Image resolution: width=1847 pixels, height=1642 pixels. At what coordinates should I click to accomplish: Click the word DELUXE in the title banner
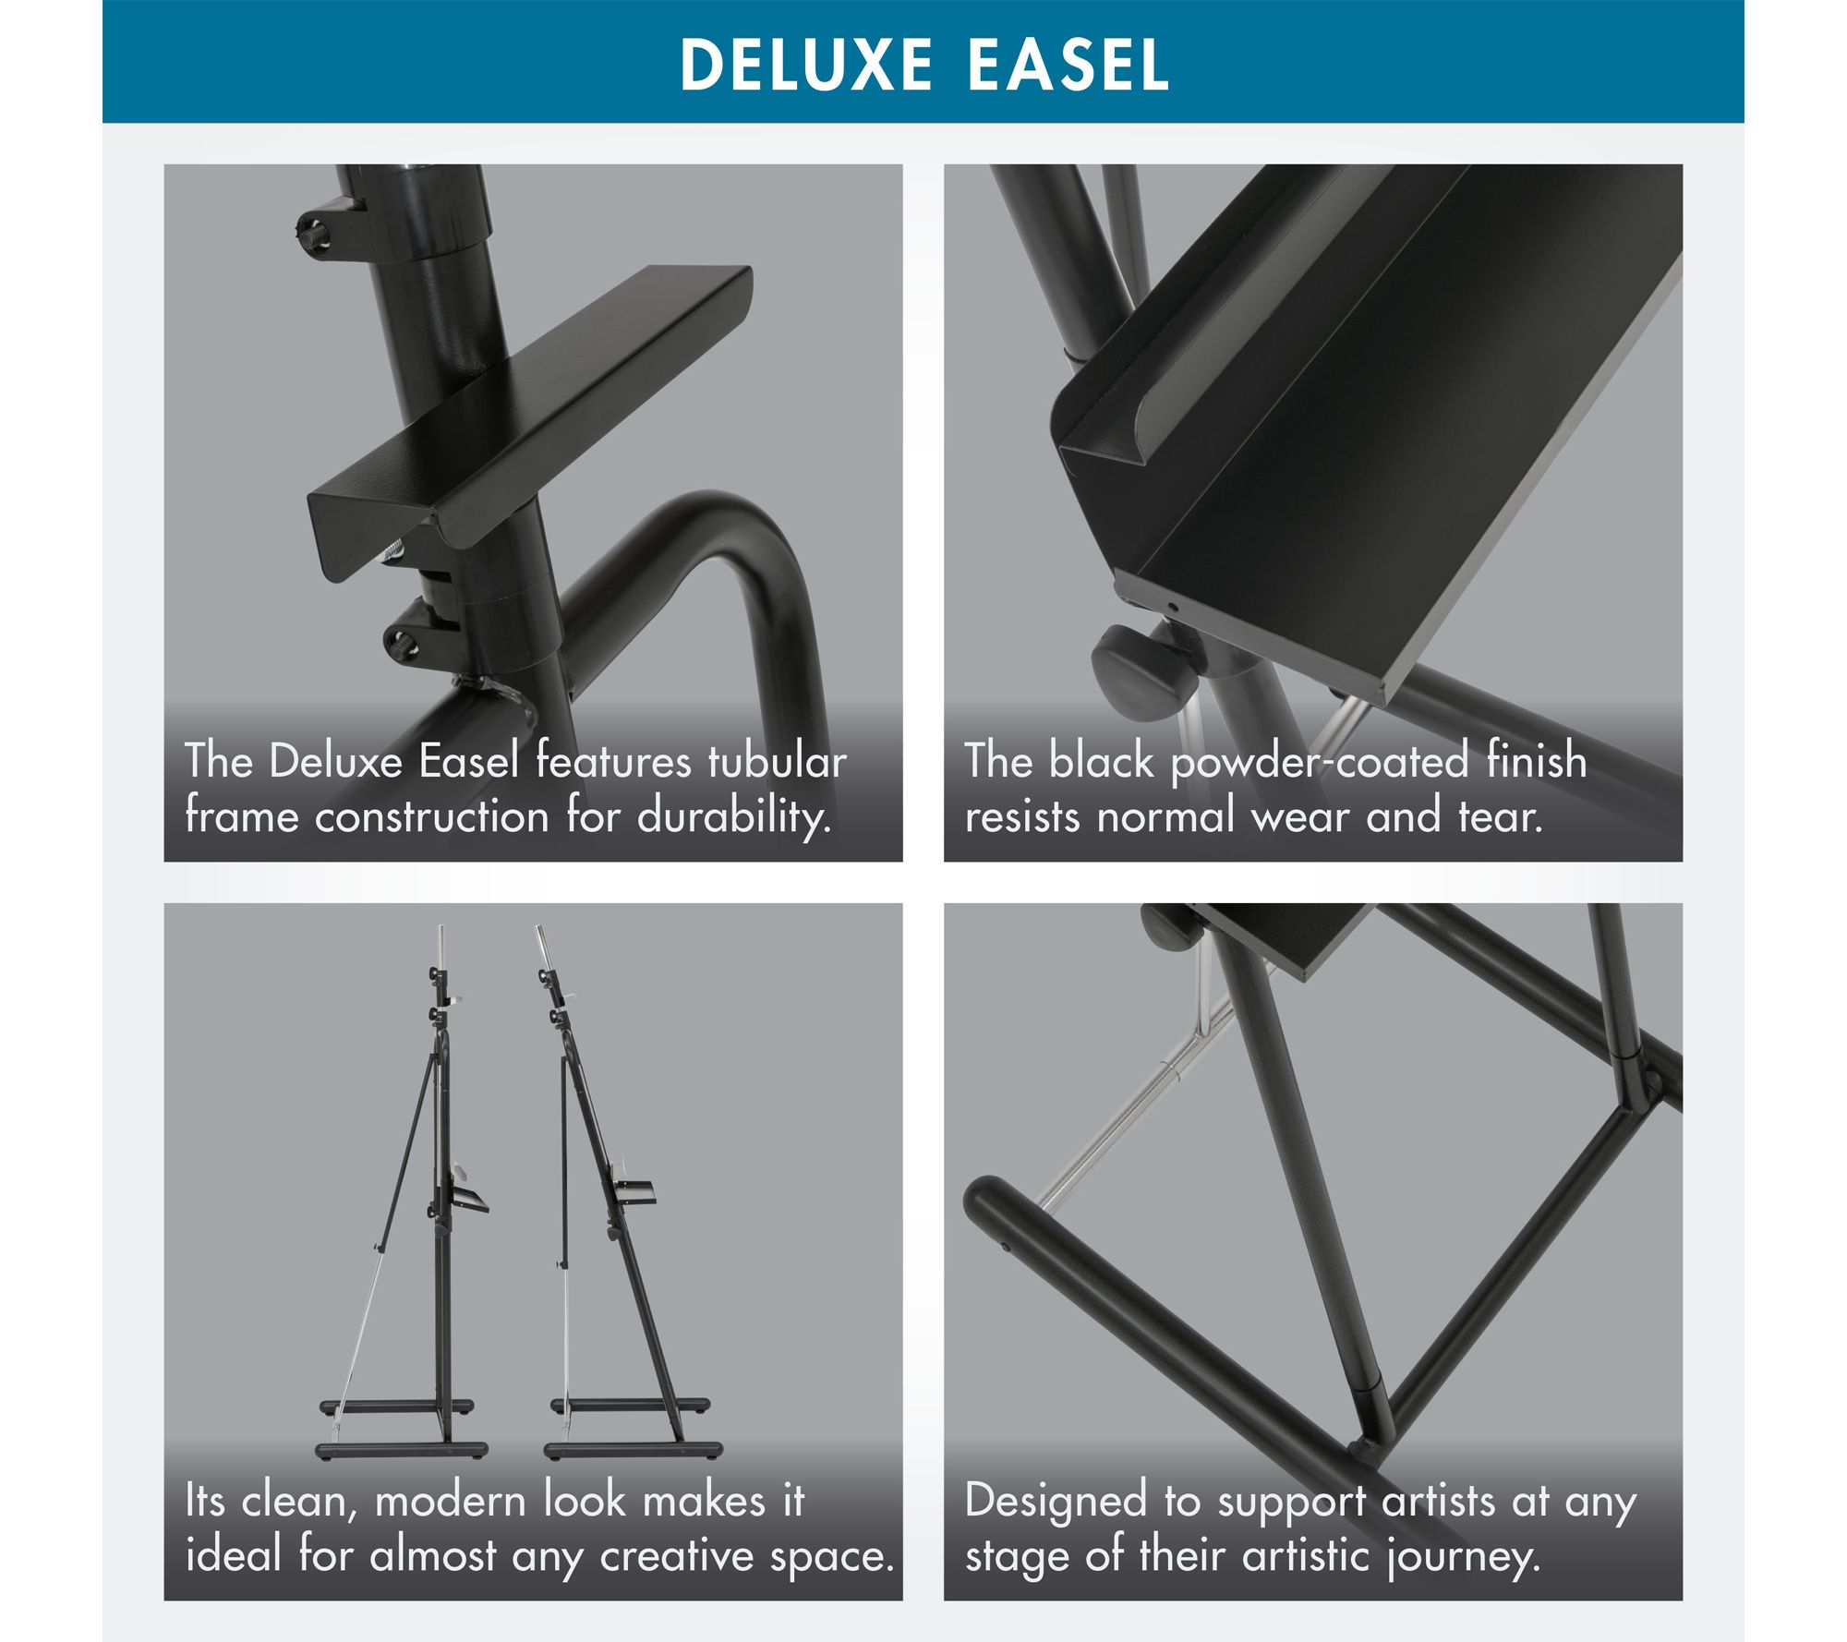[x=806, y=65]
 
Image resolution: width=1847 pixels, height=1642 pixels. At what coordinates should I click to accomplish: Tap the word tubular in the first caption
[x=777, y=762]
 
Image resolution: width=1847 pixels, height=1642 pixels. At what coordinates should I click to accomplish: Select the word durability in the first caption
[x=733, y=816]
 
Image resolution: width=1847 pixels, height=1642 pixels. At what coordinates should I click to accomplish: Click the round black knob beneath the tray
[x=1142, y=665]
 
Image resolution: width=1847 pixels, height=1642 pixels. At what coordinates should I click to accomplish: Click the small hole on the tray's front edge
[x=1172, y=609]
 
